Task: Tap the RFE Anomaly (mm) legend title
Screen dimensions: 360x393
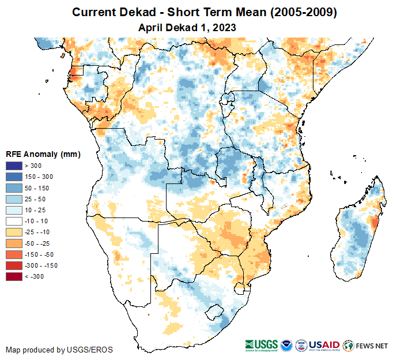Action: click(43, 154)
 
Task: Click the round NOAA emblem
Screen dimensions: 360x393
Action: click(286, 345)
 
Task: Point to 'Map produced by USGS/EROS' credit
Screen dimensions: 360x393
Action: click(59, 350)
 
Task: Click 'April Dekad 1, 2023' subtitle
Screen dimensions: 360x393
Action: click(188, 27)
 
